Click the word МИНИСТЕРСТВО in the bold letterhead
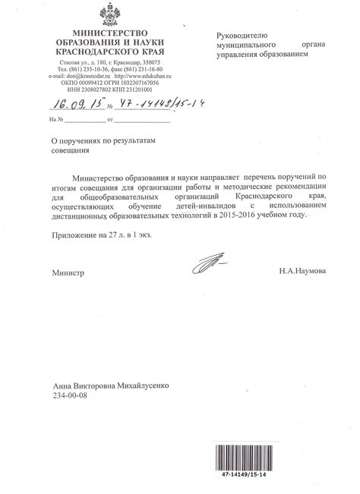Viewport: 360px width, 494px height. (x=108, y=35)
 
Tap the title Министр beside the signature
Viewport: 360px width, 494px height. (x=68, y=271)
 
